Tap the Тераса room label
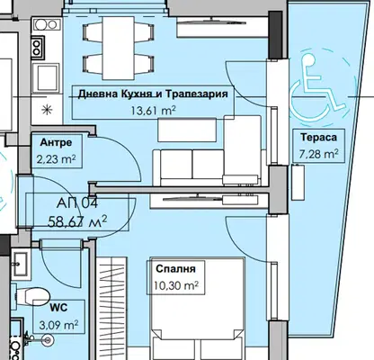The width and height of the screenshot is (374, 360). [318, 138]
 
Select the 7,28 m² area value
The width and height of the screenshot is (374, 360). [318, 154]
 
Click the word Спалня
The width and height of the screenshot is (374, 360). [175, 268]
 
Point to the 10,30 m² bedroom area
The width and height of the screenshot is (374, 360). [176, 285]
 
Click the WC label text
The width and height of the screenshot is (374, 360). [58, 308]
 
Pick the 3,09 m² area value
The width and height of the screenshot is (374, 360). [58, 324]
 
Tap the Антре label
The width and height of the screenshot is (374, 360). [56, 142]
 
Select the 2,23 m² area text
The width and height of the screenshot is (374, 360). [56, 158]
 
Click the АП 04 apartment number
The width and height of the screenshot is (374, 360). [77, 203]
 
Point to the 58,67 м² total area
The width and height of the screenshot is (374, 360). [77, 222]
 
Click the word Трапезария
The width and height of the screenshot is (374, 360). [197, 94]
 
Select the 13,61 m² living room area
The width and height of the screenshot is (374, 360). [153, 111]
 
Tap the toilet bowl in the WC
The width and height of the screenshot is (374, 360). [34, 296]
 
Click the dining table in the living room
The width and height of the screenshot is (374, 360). [118, 48]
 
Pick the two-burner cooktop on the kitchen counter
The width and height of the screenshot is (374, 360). [37, 48]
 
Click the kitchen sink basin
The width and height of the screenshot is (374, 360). [47, 76]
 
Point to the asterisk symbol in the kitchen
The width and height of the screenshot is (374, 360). [47, 110]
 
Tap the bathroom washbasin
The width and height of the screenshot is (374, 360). [22, 265]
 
